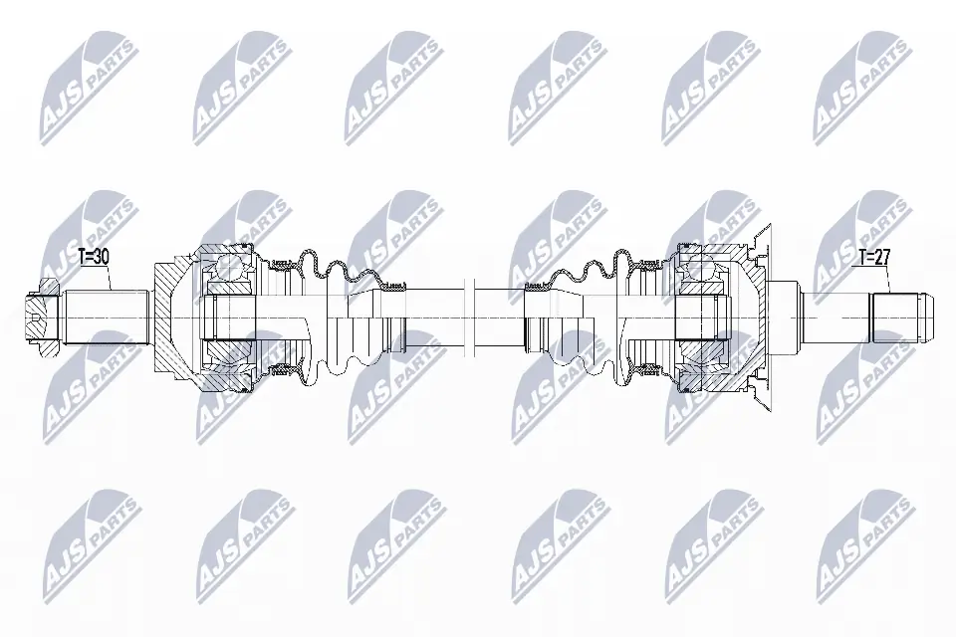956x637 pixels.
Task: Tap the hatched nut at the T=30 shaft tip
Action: pyautogui.click(x=38, y=318)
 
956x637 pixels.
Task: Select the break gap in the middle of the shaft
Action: pyautogui.click(x=471, y=317)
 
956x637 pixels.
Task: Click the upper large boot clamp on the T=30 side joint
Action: pyautogui.click(x=283, y=263)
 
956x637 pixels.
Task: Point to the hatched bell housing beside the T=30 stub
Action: pyautogui.click(x=169, y=317)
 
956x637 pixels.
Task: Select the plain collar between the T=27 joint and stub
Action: pyautogui.click(x=787, y=317)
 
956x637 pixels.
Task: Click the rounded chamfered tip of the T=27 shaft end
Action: pyautogui.click(x=926, y=317)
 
